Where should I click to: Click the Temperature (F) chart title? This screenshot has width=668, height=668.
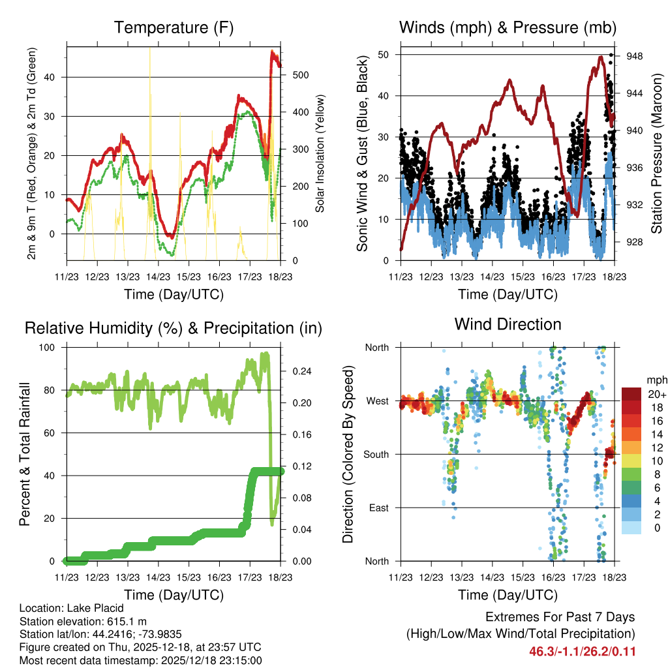(x=174, y=28)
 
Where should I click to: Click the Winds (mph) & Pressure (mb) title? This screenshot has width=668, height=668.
(x=508, y=28)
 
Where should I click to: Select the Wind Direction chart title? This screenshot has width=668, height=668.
(x=508, y=324)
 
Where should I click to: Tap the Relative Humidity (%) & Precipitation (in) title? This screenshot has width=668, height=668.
(x=174, y=328)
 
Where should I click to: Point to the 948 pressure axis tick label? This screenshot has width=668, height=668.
(x=635, y=56)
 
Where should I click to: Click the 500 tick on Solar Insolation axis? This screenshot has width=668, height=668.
(x=299, y=75)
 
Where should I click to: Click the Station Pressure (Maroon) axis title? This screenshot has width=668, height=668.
(x=657, y=153)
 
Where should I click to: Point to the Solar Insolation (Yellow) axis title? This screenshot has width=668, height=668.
(x=320, y=153)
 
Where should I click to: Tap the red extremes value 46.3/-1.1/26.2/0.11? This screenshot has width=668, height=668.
(x=582, y=652)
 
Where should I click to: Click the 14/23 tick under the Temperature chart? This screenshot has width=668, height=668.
(x=157, y=276)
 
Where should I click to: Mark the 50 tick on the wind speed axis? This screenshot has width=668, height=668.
(x=384, y=54)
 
